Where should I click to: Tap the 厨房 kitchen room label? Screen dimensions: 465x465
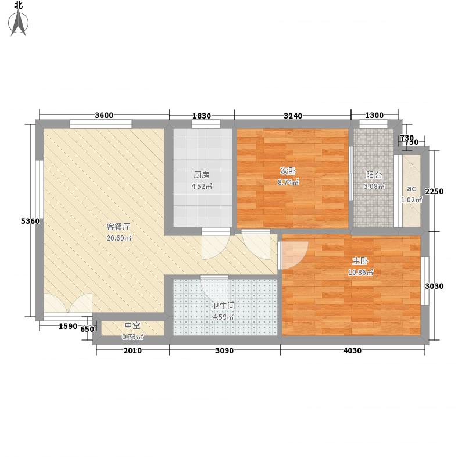coord(202,174)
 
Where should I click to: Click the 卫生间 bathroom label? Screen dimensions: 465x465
coord(223,306)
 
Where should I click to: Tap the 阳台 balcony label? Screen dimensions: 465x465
coord(374,175)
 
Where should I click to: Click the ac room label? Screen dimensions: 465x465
coord(411,188)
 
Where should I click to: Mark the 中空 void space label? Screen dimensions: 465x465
coord(133,326)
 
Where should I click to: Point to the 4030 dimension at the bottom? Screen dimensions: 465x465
coord(352,350)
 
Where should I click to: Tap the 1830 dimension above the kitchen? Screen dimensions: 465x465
coord(201,115)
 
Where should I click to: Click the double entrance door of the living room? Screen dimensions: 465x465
coord(68,306)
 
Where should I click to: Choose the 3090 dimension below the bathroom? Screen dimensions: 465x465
coord(224,350)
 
